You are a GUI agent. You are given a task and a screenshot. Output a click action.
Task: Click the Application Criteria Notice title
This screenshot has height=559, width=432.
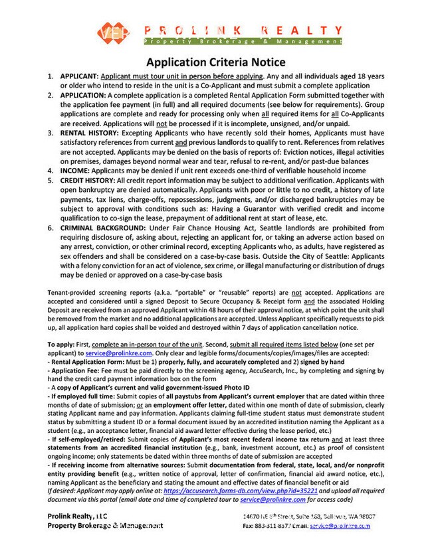pyautogui.click(x=216, y=62)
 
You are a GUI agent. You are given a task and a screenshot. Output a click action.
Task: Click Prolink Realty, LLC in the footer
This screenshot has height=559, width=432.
pyautogui.click(x=77, y=516)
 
